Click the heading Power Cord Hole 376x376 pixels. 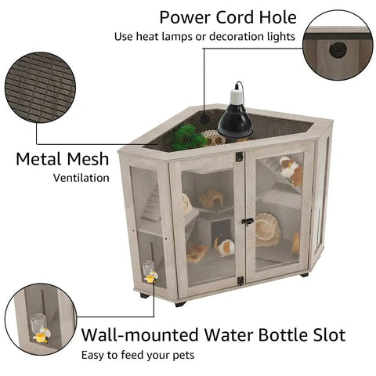(x=228, y=17)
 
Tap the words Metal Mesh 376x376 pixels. (x=63, y=159)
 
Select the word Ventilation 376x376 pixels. (x=81, y=178)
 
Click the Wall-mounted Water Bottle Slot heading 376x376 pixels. (x=213, y=334)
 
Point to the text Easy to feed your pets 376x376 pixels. (x=138, y=356)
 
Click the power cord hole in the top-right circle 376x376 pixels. (x=338, y=49)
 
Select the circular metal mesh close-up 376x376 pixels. (x=40, y=88)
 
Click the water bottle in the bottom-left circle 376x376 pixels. (x=40, y=328)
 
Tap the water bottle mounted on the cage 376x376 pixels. (x=150, y=272)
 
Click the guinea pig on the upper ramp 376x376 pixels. (x=291, y=170)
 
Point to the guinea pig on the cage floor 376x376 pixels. (x=225, y=246)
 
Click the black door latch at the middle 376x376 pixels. (x=248, y=222)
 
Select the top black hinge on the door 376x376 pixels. (x=240, y=157)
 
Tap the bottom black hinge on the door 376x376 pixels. (x=240, y=280)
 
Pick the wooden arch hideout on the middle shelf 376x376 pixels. (x=211, y=199)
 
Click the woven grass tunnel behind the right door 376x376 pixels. (x=267, y=230)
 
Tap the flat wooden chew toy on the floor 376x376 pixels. (x=197, y=252)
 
